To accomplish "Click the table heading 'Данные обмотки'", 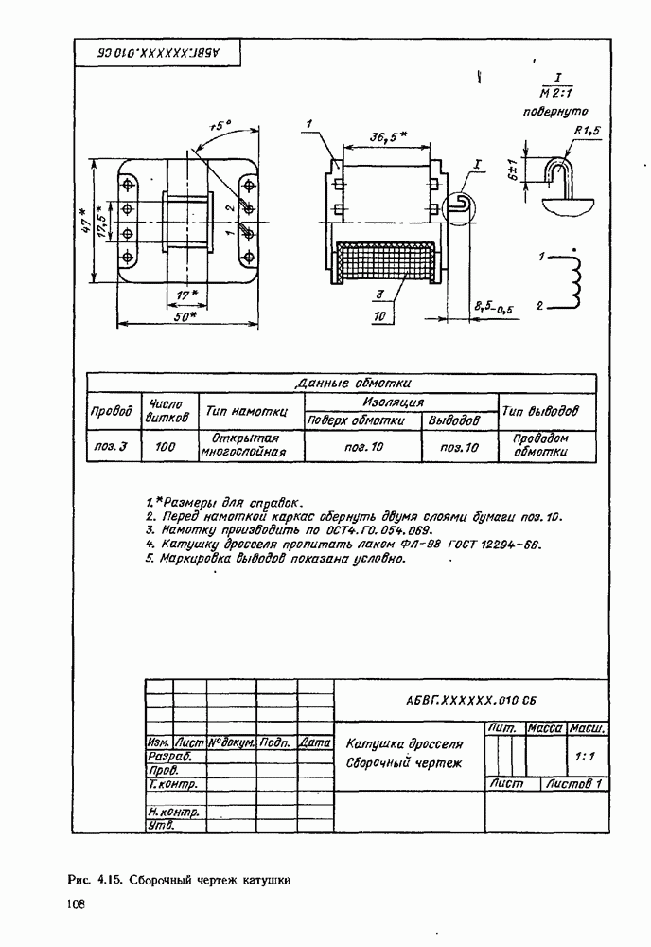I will [353, 384].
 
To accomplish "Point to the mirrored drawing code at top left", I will [158, 53].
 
